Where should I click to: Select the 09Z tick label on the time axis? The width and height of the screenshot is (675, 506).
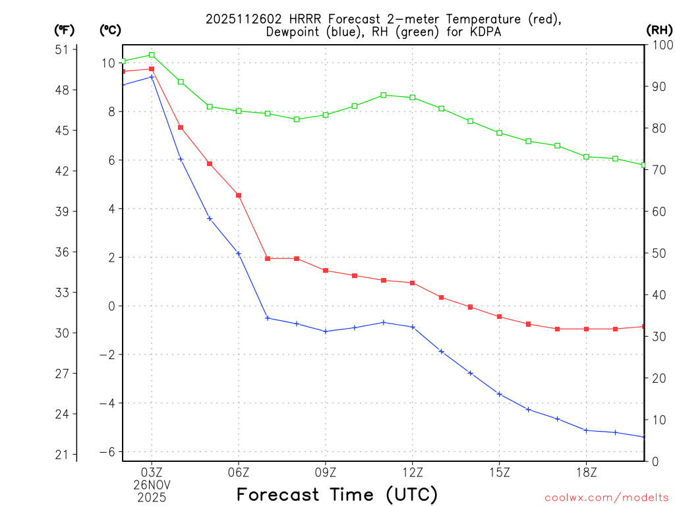click(x=326, y=472)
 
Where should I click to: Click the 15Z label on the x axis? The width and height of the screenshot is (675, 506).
click(x=499, y=472)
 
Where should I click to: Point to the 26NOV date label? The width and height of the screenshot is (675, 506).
click(x=152, y=485)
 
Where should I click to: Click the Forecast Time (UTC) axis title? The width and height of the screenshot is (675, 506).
click(x=337, y=494)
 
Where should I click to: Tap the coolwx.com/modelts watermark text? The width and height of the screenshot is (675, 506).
click(x=606, y=497)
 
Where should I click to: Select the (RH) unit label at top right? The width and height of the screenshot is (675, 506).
click(x=659, y=30)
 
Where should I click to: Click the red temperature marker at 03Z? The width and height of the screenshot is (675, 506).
click(x=152, y=69)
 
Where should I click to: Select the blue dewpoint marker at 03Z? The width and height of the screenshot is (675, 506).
click(x=152, y=77)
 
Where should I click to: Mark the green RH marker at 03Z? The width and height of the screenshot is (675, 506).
click(x=152, y=55)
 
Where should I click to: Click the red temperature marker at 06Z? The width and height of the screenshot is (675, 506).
click(x=239, y=195)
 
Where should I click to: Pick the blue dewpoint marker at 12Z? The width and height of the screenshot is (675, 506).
click(x=413, y=327)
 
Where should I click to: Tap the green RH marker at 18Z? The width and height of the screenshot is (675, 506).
click(x=586, y=156)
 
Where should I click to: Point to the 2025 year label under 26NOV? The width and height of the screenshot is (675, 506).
click(x=152, y=497)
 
